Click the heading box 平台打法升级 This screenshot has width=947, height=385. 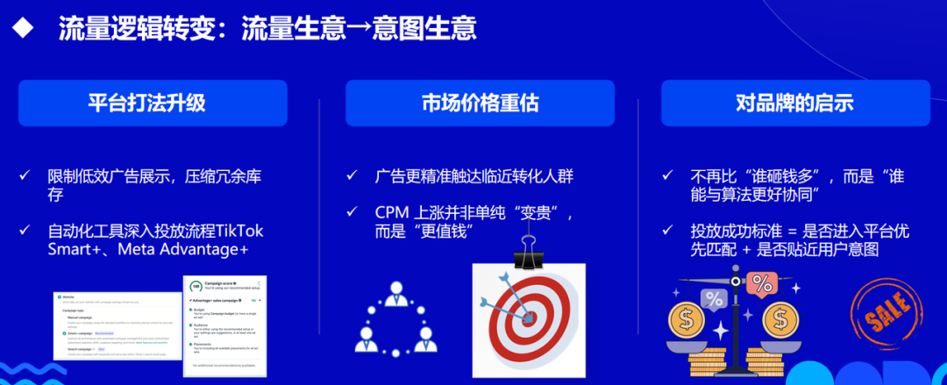[x=153, y=103]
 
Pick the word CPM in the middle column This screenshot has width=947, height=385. [x=392, y=213]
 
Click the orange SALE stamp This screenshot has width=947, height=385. [x=884, y=317]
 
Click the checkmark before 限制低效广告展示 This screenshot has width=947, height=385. [x=25, y=176]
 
